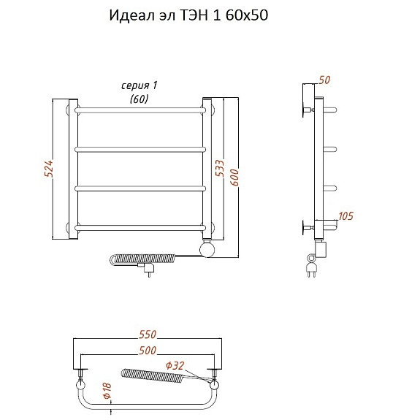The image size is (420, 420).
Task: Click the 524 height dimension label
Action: click(49, 169)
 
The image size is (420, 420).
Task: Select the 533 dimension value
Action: click(219, 168)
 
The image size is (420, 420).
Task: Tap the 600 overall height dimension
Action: click(234, 177)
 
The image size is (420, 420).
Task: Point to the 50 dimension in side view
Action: click(324, 80)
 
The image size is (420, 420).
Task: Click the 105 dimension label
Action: click(345, 216)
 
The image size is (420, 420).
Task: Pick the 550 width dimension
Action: click(148, 335)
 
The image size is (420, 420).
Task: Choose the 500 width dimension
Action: click(148, 351)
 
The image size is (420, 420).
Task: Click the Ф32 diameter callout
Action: click(175, 365)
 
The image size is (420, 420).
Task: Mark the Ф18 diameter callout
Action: click(107, 391)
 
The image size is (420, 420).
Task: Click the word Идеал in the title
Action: click(131, 15)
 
